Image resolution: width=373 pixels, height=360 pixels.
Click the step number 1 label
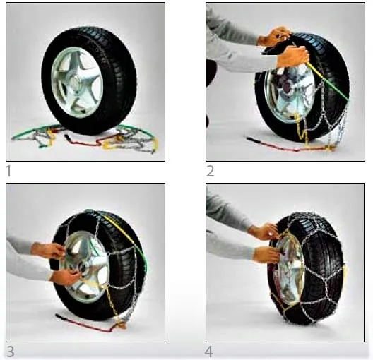pyautogui.click(x=8, y=171)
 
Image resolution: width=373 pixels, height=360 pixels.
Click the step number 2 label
pyautogui.click(x=211, y=171)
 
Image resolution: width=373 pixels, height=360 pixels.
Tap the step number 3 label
pyautogui.click(x=9, y=352)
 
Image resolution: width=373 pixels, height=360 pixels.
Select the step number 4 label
pyautogui.click(x=211, y=352)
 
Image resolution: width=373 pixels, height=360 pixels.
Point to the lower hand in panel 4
pyautogui.click(x=266, y=254)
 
